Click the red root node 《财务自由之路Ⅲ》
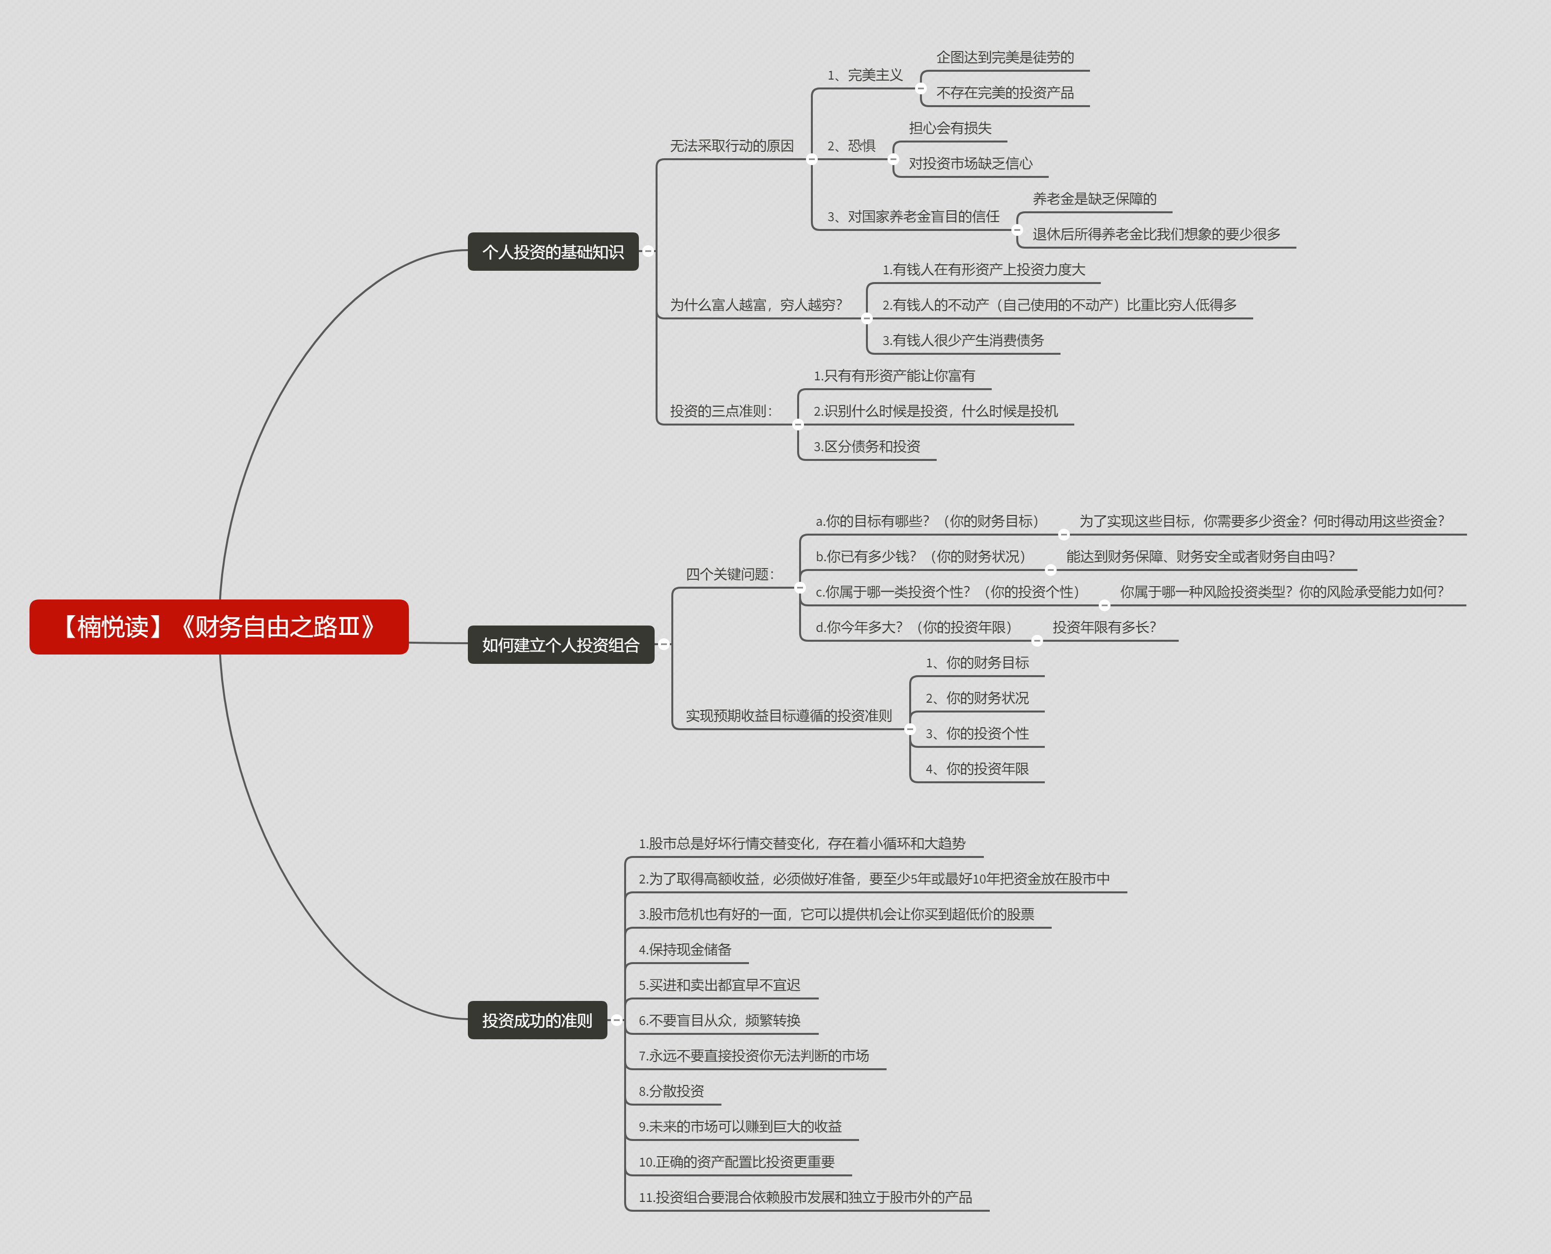click(x=219, y=627)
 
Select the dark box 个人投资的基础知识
click(x=553, y=252)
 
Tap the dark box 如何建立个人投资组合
click(x=561, y=644)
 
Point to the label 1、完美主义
click(x=865, y=75)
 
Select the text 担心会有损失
click(x=950, y=128)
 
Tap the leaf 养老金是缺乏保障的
click(x=1094, y=199)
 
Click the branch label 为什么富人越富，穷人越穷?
click(x=756, y=305)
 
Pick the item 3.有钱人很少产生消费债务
click(x=963, y=340)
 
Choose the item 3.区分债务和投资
click(x=867, y=446)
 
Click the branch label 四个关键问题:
click(x=730, y=574)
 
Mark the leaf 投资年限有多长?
click(x=1104, y=627)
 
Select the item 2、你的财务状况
click(x=977, y=698)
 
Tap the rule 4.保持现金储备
click(x=685, y=949)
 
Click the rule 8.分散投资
click(x=671, y=1091)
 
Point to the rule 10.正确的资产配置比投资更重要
click(x=736, y=1162)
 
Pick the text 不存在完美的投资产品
click(x=1005, y=92)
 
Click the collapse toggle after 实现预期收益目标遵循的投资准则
click(x=910, y=729)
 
